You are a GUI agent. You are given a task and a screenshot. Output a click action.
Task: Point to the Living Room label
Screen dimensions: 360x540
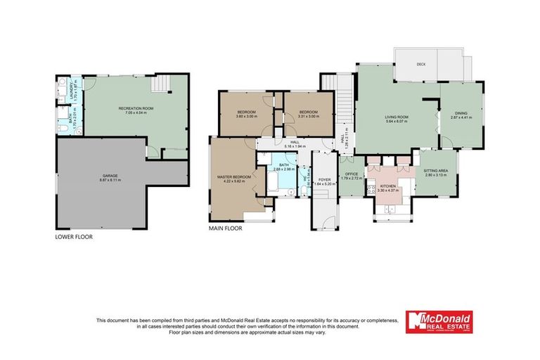(x=398, y=117)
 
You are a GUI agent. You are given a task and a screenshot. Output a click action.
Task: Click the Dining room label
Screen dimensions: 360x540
(x=460, y=112)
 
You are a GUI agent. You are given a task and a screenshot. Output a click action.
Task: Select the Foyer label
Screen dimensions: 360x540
(x=324, y=179)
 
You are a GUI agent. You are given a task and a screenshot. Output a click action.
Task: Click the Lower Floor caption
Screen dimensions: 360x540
(x=74, y=237)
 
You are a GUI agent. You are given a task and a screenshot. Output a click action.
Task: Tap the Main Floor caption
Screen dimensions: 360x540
(x=225, y=229)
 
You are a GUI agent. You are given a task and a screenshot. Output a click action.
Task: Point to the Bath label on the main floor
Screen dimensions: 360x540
(x=283, y=164)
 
